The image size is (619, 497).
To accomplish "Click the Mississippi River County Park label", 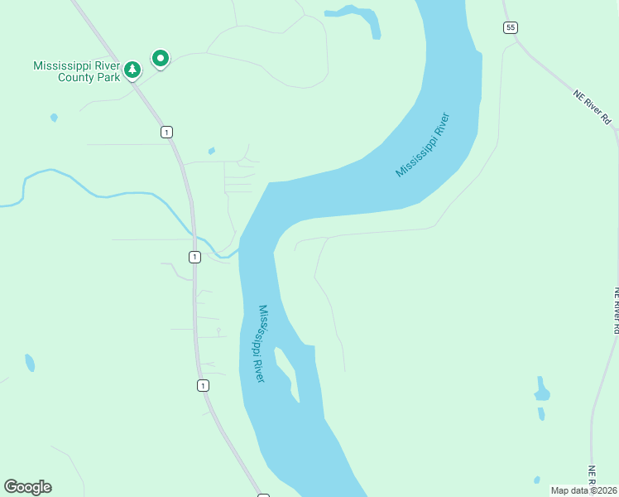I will (76, 71).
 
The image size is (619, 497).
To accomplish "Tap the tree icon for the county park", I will (132, 71).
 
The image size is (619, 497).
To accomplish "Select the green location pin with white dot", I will (161, 58).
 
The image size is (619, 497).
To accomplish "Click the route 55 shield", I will (510, 27).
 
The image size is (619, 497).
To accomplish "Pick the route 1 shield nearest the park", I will (167, 132).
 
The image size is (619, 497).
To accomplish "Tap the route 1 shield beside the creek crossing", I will (194, 257).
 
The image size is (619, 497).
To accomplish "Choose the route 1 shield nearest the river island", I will (203, 385).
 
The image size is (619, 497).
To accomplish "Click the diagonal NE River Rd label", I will (593, 107).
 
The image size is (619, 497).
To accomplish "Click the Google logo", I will (27, 487).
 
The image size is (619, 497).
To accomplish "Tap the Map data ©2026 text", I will (583, 490).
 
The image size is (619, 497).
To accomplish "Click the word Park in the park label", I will (111, 77).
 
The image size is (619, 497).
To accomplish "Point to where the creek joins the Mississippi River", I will (239, 248).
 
